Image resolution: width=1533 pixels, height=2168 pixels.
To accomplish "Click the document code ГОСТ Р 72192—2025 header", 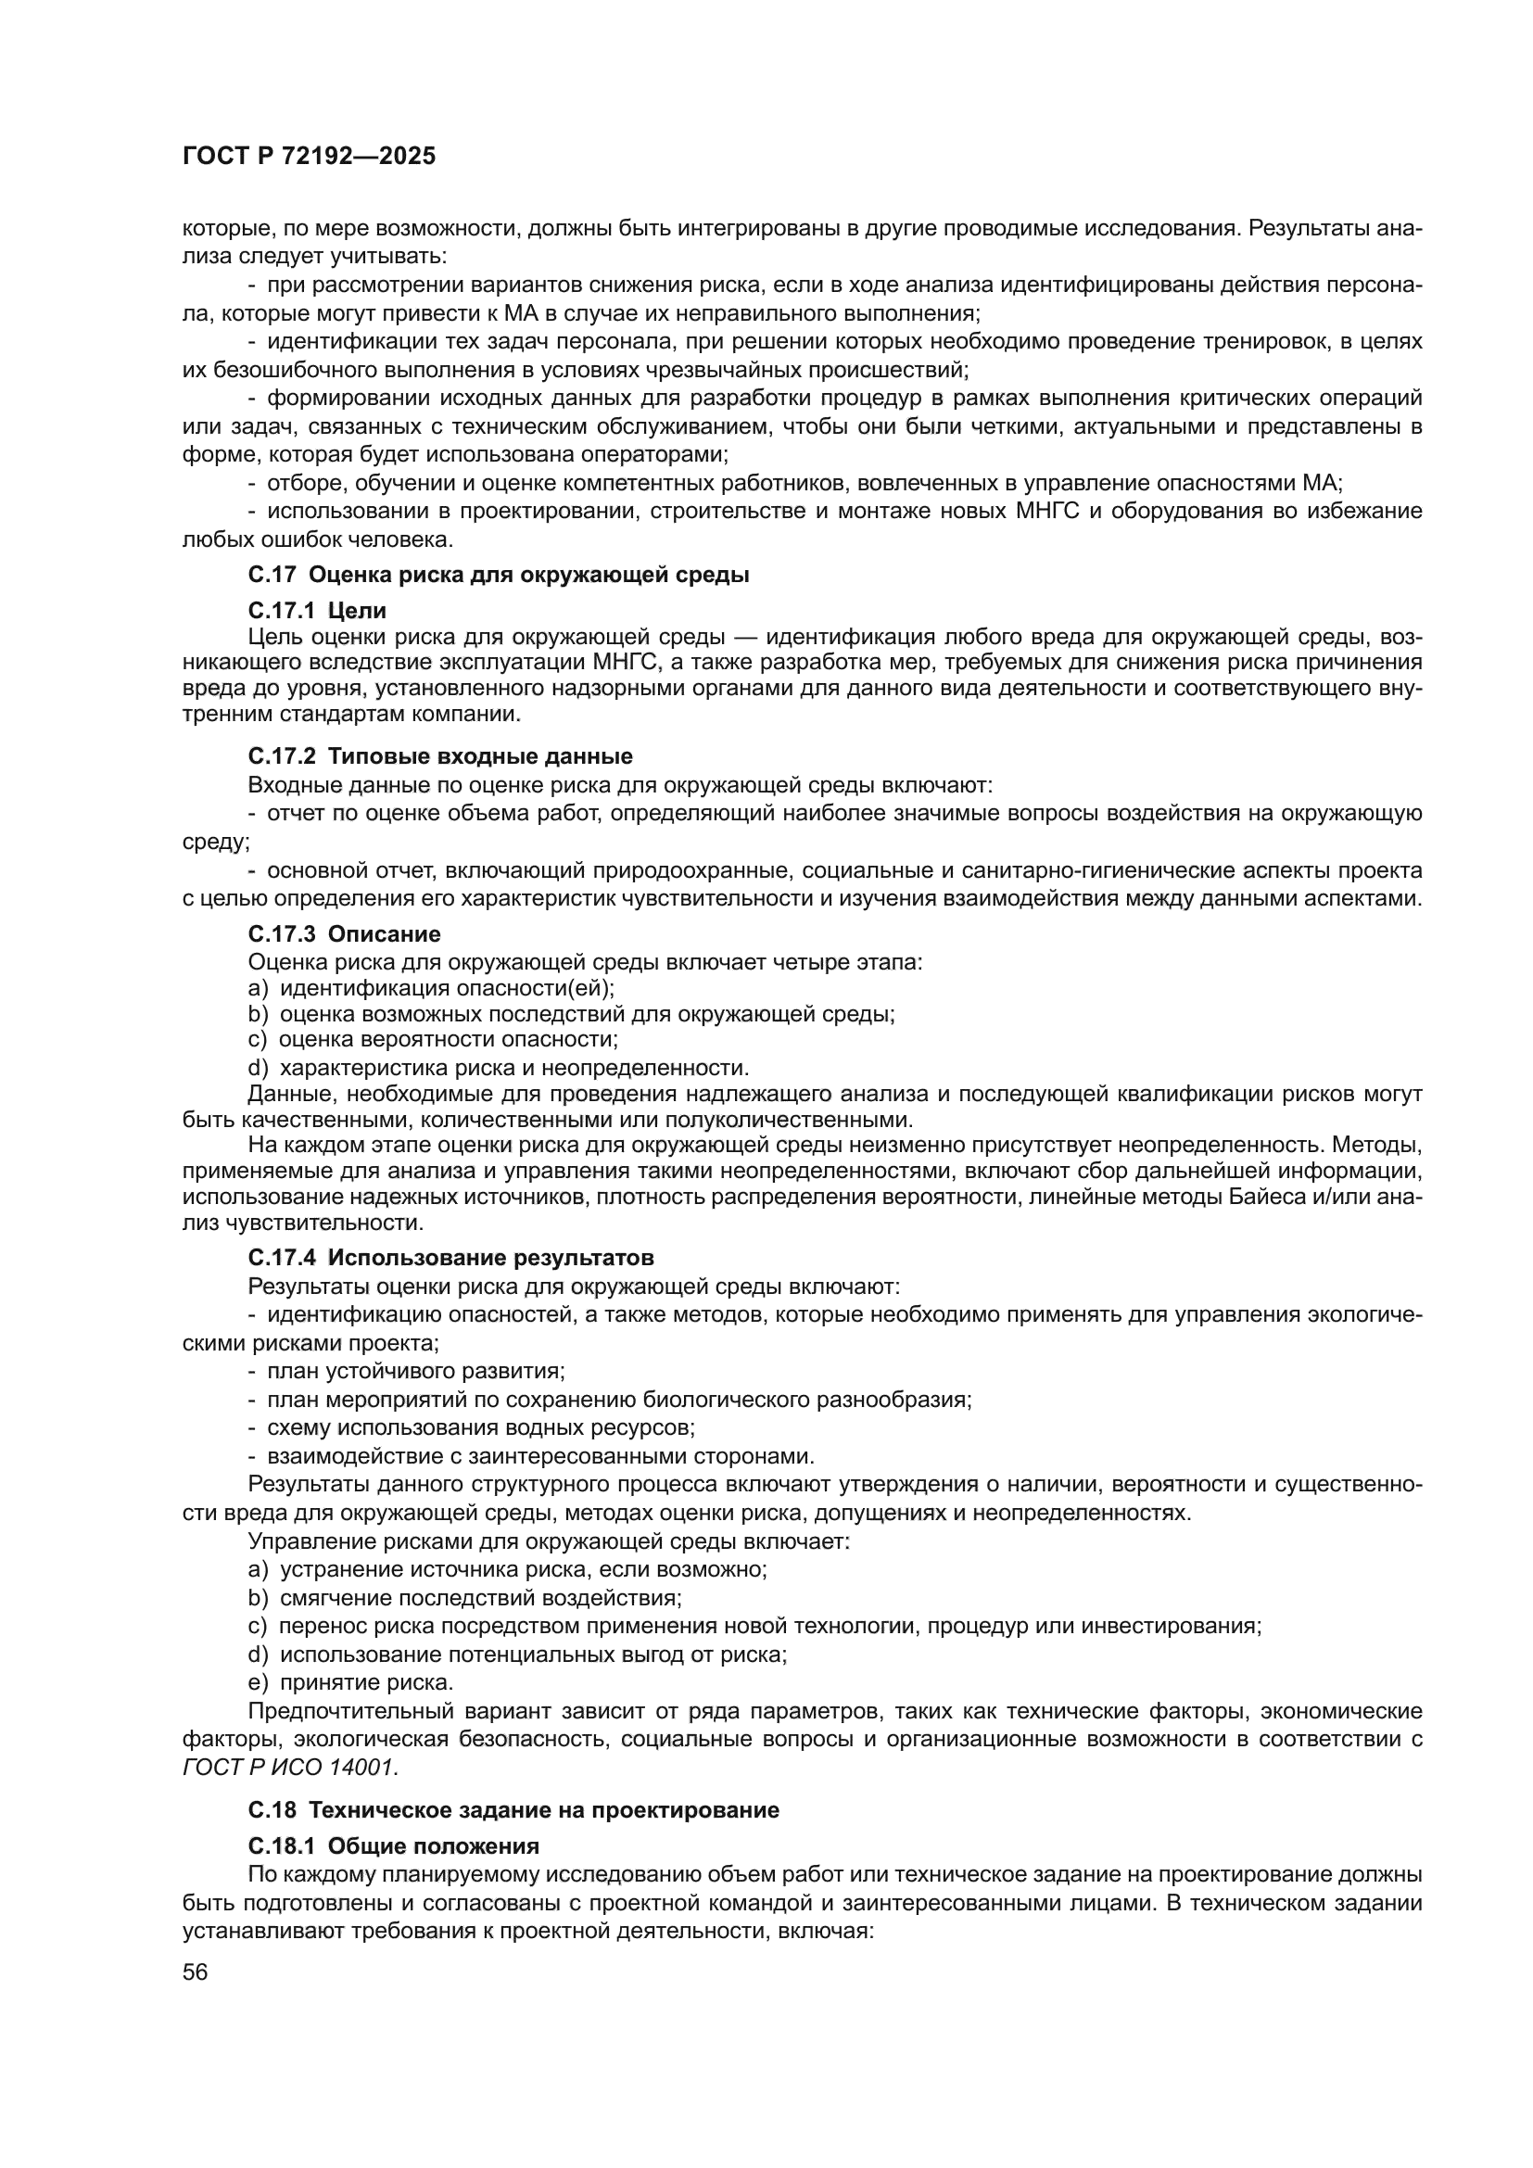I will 309,157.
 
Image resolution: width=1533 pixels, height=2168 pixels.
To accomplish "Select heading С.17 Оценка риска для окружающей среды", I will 499,574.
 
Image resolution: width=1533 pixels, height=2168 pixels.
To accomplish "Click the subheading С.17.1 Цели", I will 317,611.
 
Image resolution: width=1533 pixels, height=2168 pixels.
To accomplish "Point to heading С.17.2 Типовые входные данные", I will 440,756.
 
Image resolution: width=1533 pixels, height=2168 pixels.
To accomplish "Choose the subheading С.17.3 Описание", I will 344,935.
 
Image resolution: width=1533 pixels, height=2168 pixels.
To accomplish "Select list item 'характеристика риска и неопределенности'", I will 514,1068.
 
